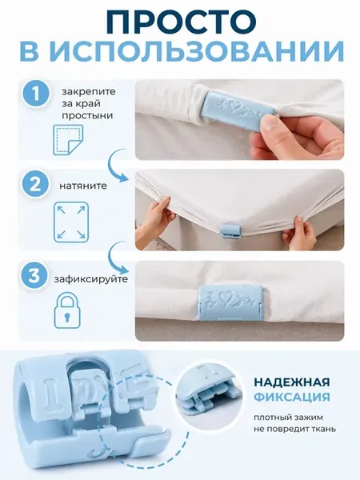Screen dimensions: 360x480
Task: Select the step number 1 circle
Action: (35, 94)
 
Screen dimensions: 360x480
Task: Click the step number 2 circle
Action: (35, 186)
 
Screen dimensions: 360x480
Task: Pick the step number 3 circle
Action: (35, 275)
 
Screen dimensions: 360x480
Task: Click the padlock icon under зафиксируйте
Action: (67, 311)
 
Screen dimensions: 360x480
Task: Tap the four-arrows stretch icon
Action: (71, 222)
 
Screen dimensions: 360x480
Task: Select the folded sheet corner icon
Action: (68, 139)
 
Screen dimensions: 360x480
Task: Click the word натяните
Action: (83, 186)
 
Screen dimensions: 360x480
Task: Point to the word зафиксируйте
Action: (91, 280)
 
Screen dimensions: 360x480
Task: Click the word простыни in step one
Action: (87, 117)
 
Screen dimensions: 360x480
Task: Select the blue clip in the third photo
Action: (230, 302)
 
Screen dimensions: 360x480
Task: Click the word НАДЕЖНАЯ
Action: (292, 382)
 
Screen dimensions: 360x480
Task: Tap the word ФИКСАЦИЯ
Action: (292, 398)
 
